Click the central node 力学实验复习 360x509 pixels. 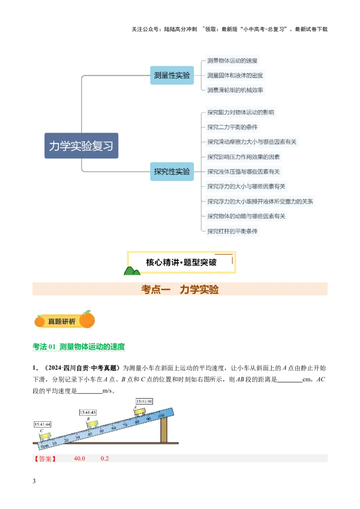81,146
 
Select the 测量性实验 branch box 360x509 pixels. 171,76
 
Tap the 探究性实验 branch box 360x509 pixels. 171,171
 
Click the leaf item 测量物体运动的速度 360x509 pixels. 232,61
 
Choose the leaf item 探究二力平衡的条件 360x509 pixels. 232,127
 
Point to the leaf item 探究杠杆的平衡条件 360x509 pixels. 232,231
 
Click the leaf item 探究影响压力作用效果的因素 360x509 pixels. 243,157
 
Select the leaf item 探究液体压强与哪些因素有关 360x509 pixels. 243,172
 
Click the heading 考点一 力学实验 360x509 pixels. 180,290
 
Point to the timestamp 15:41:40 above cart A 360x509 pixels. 144,401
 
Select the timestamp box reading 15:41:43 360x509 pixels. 88,412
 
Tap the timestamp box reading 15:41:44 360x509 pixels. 42,424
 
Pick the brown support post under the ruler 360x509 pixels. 164,429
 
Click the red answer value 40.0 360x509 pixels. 80,459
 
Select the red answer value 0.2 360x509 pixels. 104,459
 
